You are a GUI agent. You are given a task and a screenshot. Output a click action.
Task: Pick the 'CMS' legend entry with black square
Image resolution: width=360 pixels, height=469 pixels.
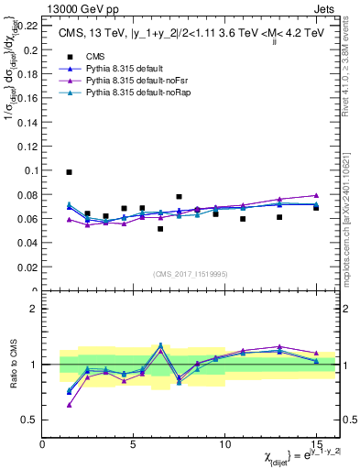(94, 57)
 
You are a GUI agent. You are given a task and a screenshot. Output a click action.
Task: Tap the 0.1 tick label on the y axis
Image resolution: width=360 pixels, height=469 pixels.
(31, 170)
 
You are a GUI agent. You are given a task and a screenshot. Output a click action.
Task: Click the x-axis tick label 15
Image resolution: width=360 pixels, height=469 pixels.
(315, 444)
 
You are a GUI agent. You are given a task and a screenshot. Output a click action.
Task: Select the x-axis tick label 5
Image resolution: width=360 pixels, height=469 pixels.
(134, 444)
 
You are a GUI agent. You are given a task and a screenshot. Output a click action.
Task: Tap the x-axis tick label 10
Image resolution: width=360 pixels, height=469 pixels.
(224, 444)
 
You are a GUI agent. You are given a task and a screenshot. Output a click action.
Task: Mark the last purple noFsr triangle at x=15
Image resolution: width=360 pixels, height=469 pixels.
(316, 195)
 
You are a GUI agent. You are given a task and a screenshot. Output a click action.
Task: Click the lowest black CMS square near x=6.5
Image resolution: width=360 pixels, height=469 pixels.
(160, 228)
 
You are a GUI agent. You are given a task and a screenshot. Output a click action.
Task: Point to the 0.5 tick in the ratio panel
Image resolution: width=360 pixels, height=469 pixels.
(31, 420)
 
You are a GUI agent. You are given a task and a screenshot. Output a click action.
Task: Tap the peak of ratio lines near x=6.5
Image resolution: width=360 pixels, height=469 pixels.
(160, 345)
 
